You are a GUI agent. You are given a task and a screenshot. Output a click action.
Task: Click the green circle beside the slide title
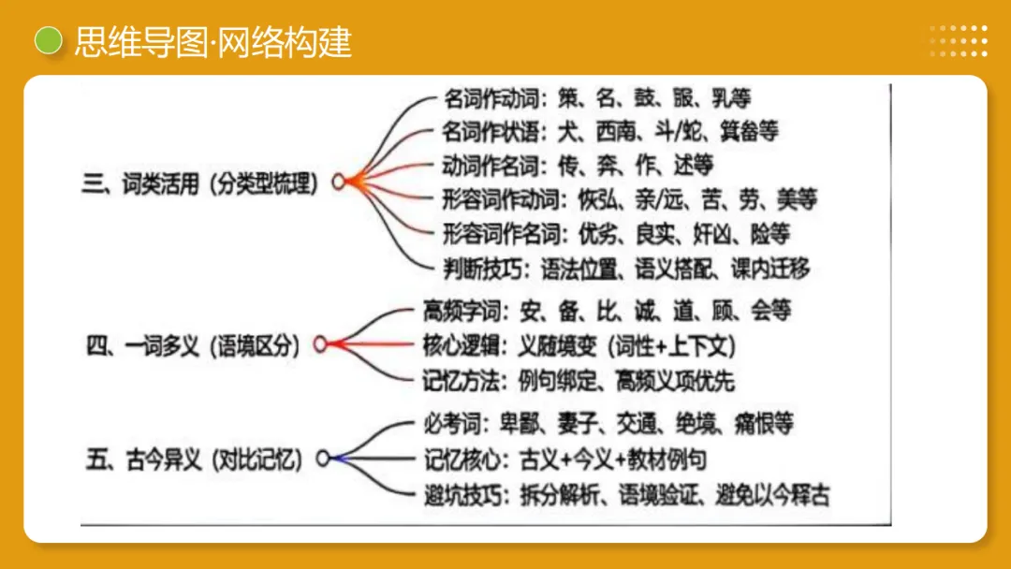coord(47,41)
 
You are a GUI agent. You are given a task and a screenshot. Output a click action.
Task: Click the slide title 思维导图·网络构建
coord(213,42)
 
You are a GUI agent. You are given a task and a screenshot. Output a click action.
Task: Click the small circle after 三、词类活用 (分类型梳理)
coord(338,183)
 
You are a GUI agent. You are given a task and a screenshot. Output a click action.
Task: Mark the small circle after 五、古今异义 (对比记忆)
coord(322,460)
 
